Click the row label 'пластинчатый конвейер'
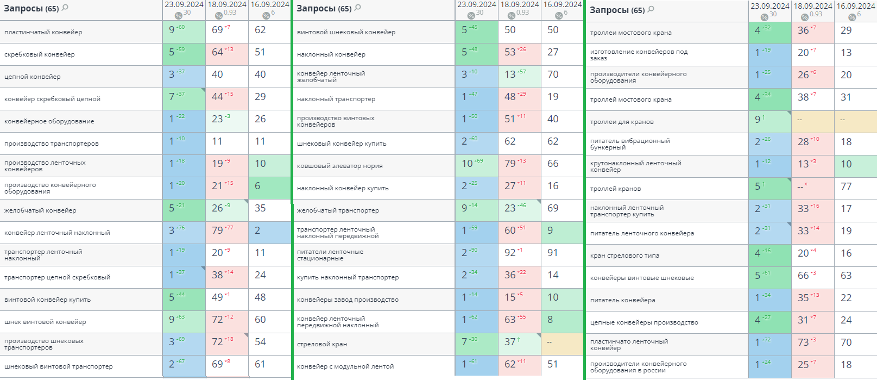pyautogui.click(x=43, y=32)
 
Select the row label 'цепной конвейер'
pyautogui.click(x=33, y=77)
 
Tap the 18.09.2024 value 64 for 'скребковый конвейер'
pyautogui.click(x=218, y=52)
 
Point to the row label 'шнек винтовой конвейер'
pyautogui.click(x=45, y=322)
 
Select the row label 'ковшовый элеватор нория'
pyautogui.click(x=340, y=166)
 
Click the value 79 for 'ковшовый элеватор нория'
pyautogui.click(x=510, y=164)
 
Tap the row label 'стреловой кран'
pyautogui.click(x=322, y=344)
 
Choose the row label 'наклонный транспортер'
pyautogui.click(x=336, y=99)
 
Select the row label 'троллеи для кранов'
pyautogui.click(x=622, y=122)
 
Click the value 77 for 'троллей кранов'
pyautogui.click(x=846, y=186)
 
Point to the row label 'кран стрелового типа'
pyautogui.click(x=625, y=256)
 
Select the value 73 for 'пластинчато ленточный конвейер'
pyautogui.click(x=804, y=342)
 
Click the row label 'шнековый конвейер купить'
pyautogui.click(x=342, y=144)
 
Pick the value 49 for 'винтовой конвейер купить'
pyautogui.click(x=218, y=297)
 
